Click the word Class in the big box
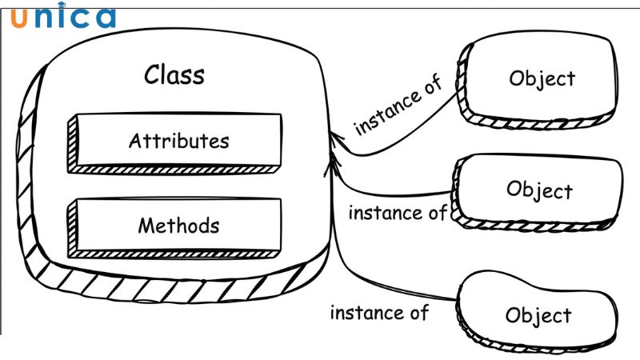pos(174,75)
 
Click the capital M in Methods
pos(146,226)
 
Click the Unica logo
pos(63,18)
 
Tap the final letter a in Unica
pos(104,18)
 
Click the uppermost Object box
pos(541,79)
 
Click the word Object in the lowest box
pos(539,315)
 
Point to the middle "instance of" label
pos(398,214)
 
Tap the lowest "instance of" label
pos(380,312)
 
